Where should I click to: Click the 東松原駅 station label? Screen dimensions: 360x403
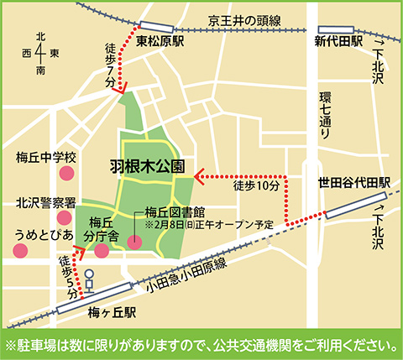pos(160,40)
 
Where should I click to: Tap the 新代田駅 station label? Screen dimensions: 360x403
pos(338,40)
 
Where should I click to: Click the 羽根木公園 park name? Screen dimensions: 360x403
pos(147,165)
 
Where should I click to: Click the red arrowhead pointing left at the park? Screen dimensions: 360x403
pos(198,176)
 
